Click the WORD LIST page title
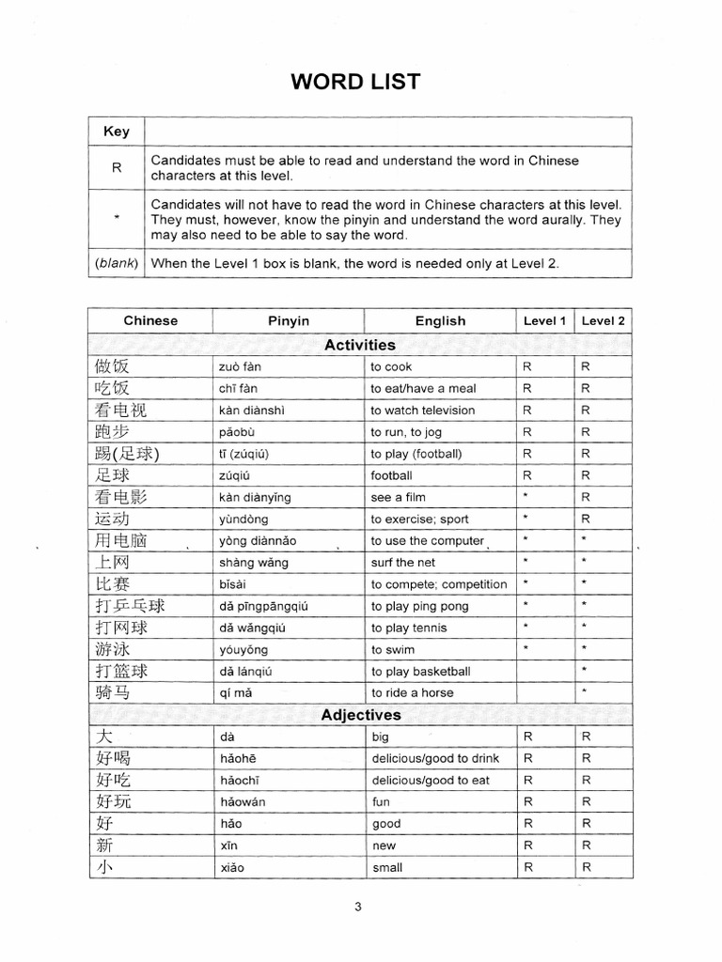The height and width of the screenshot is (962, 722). tap(355, 82)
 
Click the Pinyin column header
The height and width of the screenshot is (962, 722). tap(288, 320)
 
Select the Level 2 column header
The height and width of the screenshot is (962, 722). tap(603, 320)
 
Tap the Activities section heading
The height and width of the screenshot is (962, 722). tap(360, 345)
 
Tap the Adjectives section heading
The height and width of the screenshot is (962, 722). tap(360, 715)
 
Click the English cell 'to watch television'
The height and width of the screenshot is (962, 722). tap(422, 411)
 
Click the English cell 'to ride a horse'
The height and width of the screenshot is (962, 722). tap(412, 693)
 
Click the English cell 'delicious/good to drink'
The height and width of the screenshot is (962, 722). tap(435, 758)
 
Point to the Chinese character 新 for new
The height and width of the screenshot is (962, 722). tap(104, 846)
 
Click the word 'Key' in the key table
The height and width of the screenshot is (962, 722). tap(116, 132)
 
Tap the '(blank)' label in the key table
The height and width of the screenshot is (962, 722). tap(116, 264)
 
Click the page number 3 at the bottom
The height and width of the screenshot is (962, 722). tap(358, 907)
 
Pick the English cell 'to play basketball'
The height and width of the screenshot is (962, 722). tap(420, 672)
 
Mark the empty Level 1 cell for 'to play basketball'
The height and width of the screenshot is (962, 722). tap(545, 672)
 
